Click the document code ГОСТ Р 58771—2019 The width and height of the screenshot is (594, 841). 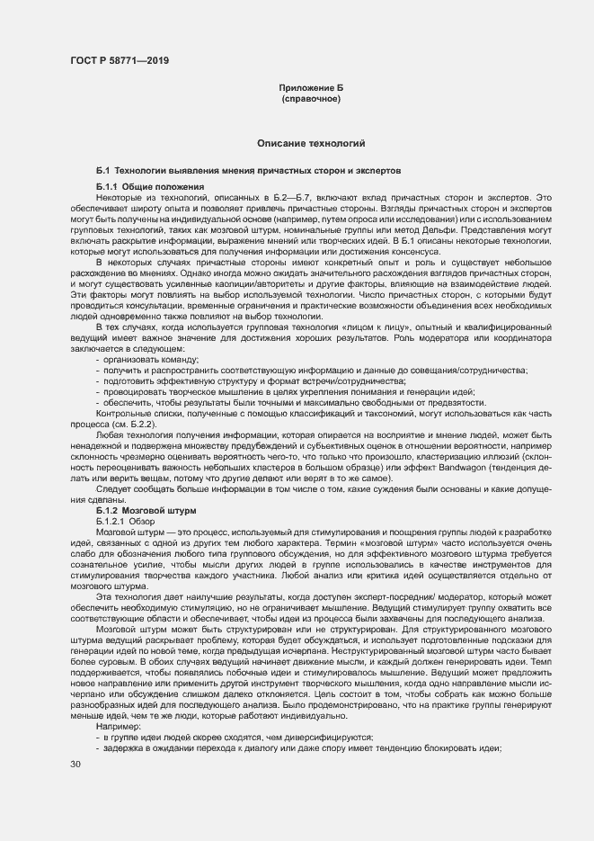pyautogui.click(x=118, y=60)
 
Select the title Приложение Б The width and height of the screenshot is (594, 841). pyautogui.click(x=310, y=88)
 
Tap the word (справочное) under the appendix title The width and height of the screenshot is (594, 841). pyautogui.click(x=311, y=98)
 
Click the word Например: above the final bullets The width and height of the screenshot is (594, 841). pyautogui.click(x=116, y=702)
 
